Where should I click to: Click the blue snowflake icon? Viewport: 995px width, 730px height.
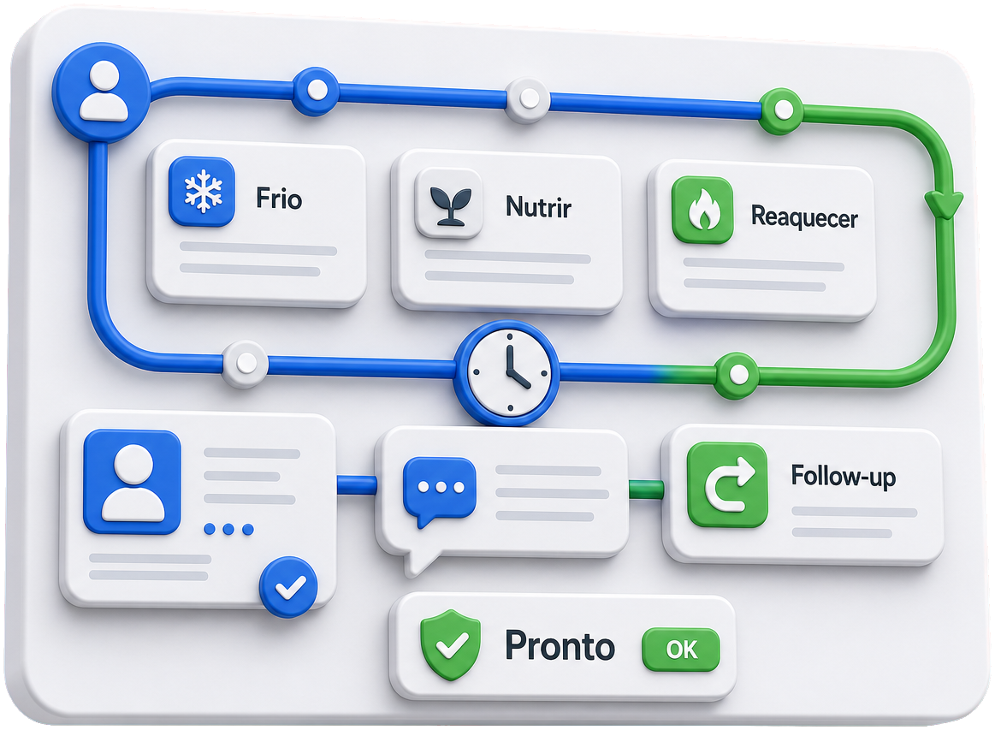click(202, 191)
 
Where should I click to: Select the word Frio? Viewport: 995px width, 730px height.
click(279, 199)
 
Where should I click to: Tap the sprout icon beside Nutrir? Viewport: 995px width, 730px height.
click(449, 204)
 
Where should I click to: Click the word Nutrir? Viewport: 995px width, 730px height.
click(538, 207)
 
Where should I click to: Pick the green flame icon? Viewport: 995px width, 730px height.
click(702, 211)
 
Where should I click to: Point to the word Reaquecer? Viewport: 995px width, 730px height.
click(804, 217)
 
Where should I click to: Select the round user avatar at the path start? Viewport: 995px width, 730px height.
click(102, 92)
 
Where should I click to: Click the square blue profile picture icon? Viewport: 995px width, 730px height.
click(132, 482)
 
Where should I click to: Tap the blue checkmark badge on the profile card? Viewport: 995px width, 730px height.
click(288, 587)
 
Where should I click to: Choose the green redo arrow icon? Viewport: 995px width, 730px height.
click(727, 485)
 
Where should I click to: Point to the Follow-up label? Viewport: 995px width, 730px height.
click(844, 476)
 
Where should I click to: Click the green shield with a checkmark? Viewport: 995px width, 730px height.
click(450, 645)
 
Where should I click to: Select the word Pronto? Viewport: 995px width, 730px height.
click(560, 646)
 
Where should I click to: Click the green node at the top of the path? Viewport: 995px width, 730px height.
click(783, 110)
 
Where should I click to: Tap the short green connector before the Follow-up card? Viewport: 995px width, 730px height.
click(646, 489)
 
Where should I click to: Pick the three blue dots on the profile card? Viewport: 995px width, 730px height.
click(229, 530)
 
